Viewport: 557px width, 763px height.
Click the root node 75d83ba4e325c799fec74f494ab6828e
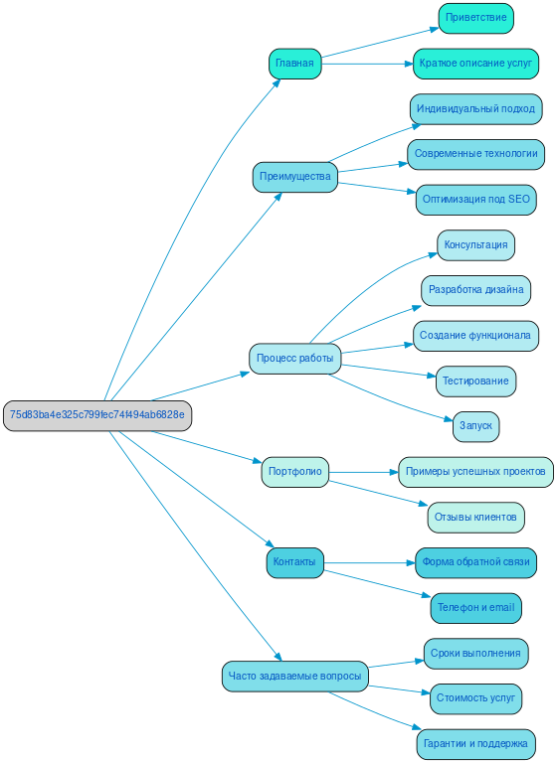(96, 415)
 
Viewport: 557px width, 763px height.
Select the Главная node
(294, 64)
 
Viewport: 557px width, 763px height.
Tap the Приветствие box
(475, 18)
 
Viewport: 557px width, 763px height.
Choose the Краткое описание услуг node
(475, 64)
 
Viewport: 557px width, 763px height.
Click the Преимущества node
(294, 177)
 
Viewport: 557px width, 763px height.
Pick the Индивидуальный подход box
(475, 108)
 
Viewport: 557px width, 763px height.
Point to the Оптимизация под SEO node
(476, 200)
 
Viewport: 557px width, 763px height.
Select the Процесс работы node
(294, 358)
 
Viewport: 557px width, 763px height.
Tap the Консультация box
(475, 245)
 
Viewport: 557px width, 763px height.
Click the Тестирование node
(475, 381)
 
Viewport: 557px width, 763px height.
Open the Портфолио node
(294, 472)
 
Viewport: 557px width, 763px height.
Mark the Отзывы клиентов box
(475, 517)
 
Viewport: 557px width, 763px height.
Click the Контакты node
(294, 562)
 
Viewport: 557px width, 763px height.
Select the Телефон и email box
(475, 607)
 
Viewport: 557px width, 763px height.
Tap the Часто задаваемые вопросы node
(294, 677)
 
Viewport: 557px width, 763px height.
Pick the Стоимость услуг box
(475, 698)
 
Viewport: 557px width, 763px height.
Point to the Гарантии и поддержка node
(475, 743)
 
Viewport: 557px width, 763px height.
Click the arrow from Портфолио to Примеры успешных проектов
(363, 472)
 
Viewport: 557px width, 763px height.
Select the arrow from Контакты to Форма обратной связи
(369, 562)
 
